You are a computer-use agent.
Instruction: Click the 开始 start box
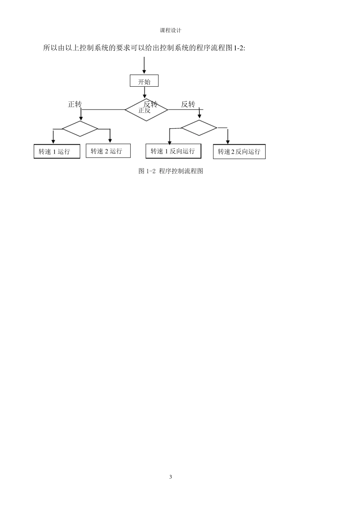[x=144, y=81]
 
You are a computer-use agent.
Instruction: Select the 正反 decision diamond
[x=146, y=110]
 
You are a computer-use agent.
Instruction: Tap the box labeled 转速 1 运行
[x=57, y=151]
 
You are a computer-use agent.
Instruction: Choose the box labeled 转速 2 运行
[x=108, y=151]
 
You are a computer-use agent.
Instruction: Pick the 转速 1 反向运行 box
[x=173, y=151]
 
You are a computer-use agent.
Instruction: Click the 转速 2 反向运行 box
[x=239, y=151]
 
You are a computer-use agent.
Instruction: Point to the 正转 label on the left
[x=75, y=104]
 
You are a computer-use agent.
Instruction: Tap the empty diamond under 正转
[x=80, y=129]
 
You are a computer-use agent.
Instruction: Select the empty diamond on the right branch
[x=199, y=128]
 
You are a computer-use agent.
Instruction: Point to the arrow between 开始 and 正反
[x=144, y=92]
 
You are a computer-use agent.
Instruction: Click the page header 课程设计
[x=171, y=30]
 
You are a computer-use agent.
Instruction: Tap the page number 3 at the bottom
[x=171, y=477]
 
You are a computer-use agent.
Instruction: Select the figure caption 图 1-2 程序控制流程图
[x=171, y=171]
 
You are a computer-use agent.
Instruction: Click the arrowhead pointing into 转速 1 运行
[x=53, y=141]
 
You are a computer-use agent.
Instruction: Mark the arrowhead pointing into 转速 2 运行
[x=110, y=141]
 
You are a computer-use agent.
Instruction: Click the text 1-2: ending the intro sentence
[x=238, y=48]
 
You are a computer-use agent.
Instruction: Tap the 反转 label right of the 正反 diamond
[x=188, y=104]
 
